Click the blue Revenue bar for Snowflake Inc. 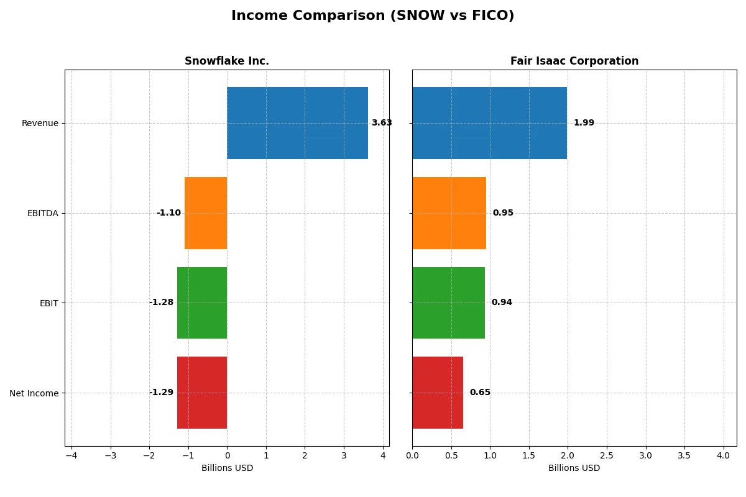click(x=297, y=123)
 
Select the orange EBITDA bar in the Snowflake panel click(x=206, y=213)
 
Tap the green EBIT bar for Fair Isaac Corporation click(x=448, y=303)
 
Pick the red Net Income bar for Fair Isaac click(x=437, y=393)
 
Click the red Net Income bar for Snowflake click(x=202, y=393)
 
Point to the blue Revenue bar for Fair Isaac click(x=489, y=123)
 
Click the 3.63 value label click(x=382, y=123)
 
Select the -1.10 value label click(x=168, y=213)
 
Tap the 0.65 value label click(x=480, y=393)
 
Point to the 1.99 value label click(x=584, y=123)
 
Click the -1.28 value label click(x=161, y=303)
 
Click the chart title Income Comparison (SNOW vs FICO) click(x=372, y=16)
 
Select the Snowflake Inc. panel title click(x=227, y=61)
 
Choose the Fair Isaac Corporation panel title click(x=574, y=61)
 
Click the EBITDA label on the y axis click(x=42, y=213)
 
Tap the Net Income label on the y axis click(x=34, y=393)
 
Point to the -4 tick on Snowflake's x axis click(x=71, y=457)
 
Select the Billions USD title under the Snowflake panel click(x=227, y=468)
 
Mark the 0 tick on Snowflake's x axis click(x=227, y=457)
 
